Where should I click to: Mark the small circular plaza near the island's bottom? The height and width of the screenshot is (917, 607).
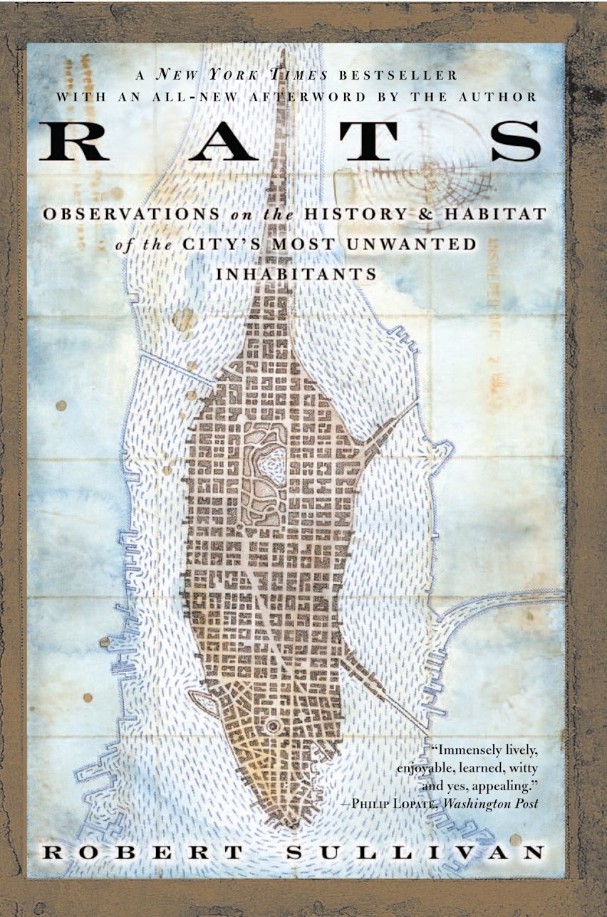pos(273,726)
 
